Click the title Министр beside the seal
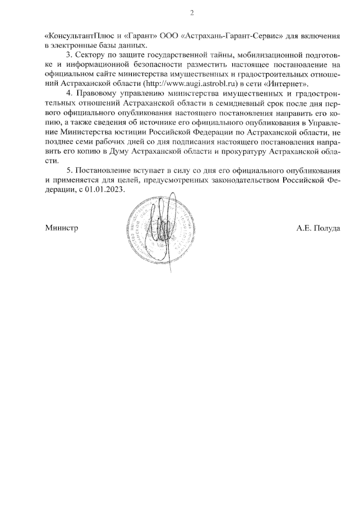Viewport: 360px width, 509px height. (61, 228)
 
